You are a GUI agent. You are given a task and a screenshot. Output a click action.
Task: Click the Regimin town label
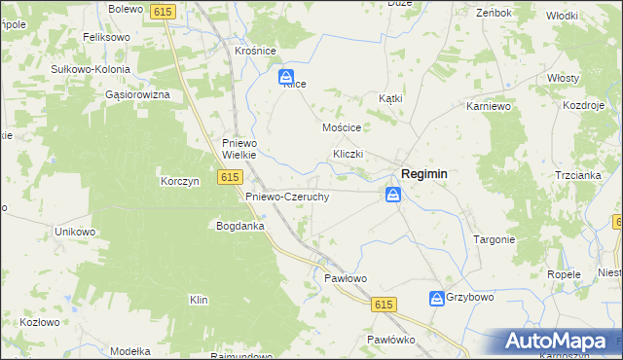click(x=425, y=173)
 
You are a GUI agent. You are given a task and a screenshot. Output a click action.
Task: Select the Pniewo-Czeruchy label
click(x=286, y=196)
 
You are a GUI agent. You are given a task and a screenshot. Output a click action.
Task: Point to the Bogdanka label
click(x=241, y=226)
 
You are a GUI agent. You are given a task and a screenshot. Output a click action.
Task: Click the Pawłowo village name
click(x=345, y=278)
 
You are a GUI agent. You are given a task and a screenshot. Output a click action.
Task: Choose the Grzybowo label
click(x=470, y=297)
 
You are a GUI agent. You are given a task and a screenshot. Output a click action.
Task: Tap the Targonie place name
click(x=494, y=238)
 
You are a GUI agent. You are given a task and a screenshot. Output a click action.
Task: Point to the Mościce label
click(x=342, y=127)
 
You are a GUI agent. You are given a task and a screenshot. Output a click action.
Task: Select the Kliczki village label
click(x=348, y=154)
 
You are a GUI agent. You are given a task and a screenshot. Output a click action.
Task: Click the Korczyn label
click(x=179, y=181)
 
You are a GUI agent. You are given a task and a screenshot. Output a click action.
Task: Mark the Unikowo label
click(x=75, y=232)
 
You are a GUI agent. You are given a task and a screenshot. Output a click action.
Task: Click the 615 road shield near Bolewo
click(x=162, y=10)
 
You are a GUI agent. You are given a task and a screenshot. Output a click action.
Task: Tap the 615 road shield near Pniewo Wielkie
click(x=230, y=176)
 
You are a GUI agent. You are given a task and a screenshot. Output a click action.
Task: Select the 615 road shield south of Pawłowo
click(x=384, y=305)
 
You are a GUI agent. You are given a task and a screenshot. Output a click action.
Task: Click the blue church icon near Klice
click(x=286, y=76)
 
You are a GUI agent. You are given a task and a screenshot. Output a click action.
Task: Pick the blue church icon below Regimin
click(x=392, y=196)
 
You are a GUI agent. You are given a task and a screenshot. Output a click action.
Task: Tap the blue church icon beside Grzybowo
click(x=436, y=297)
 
